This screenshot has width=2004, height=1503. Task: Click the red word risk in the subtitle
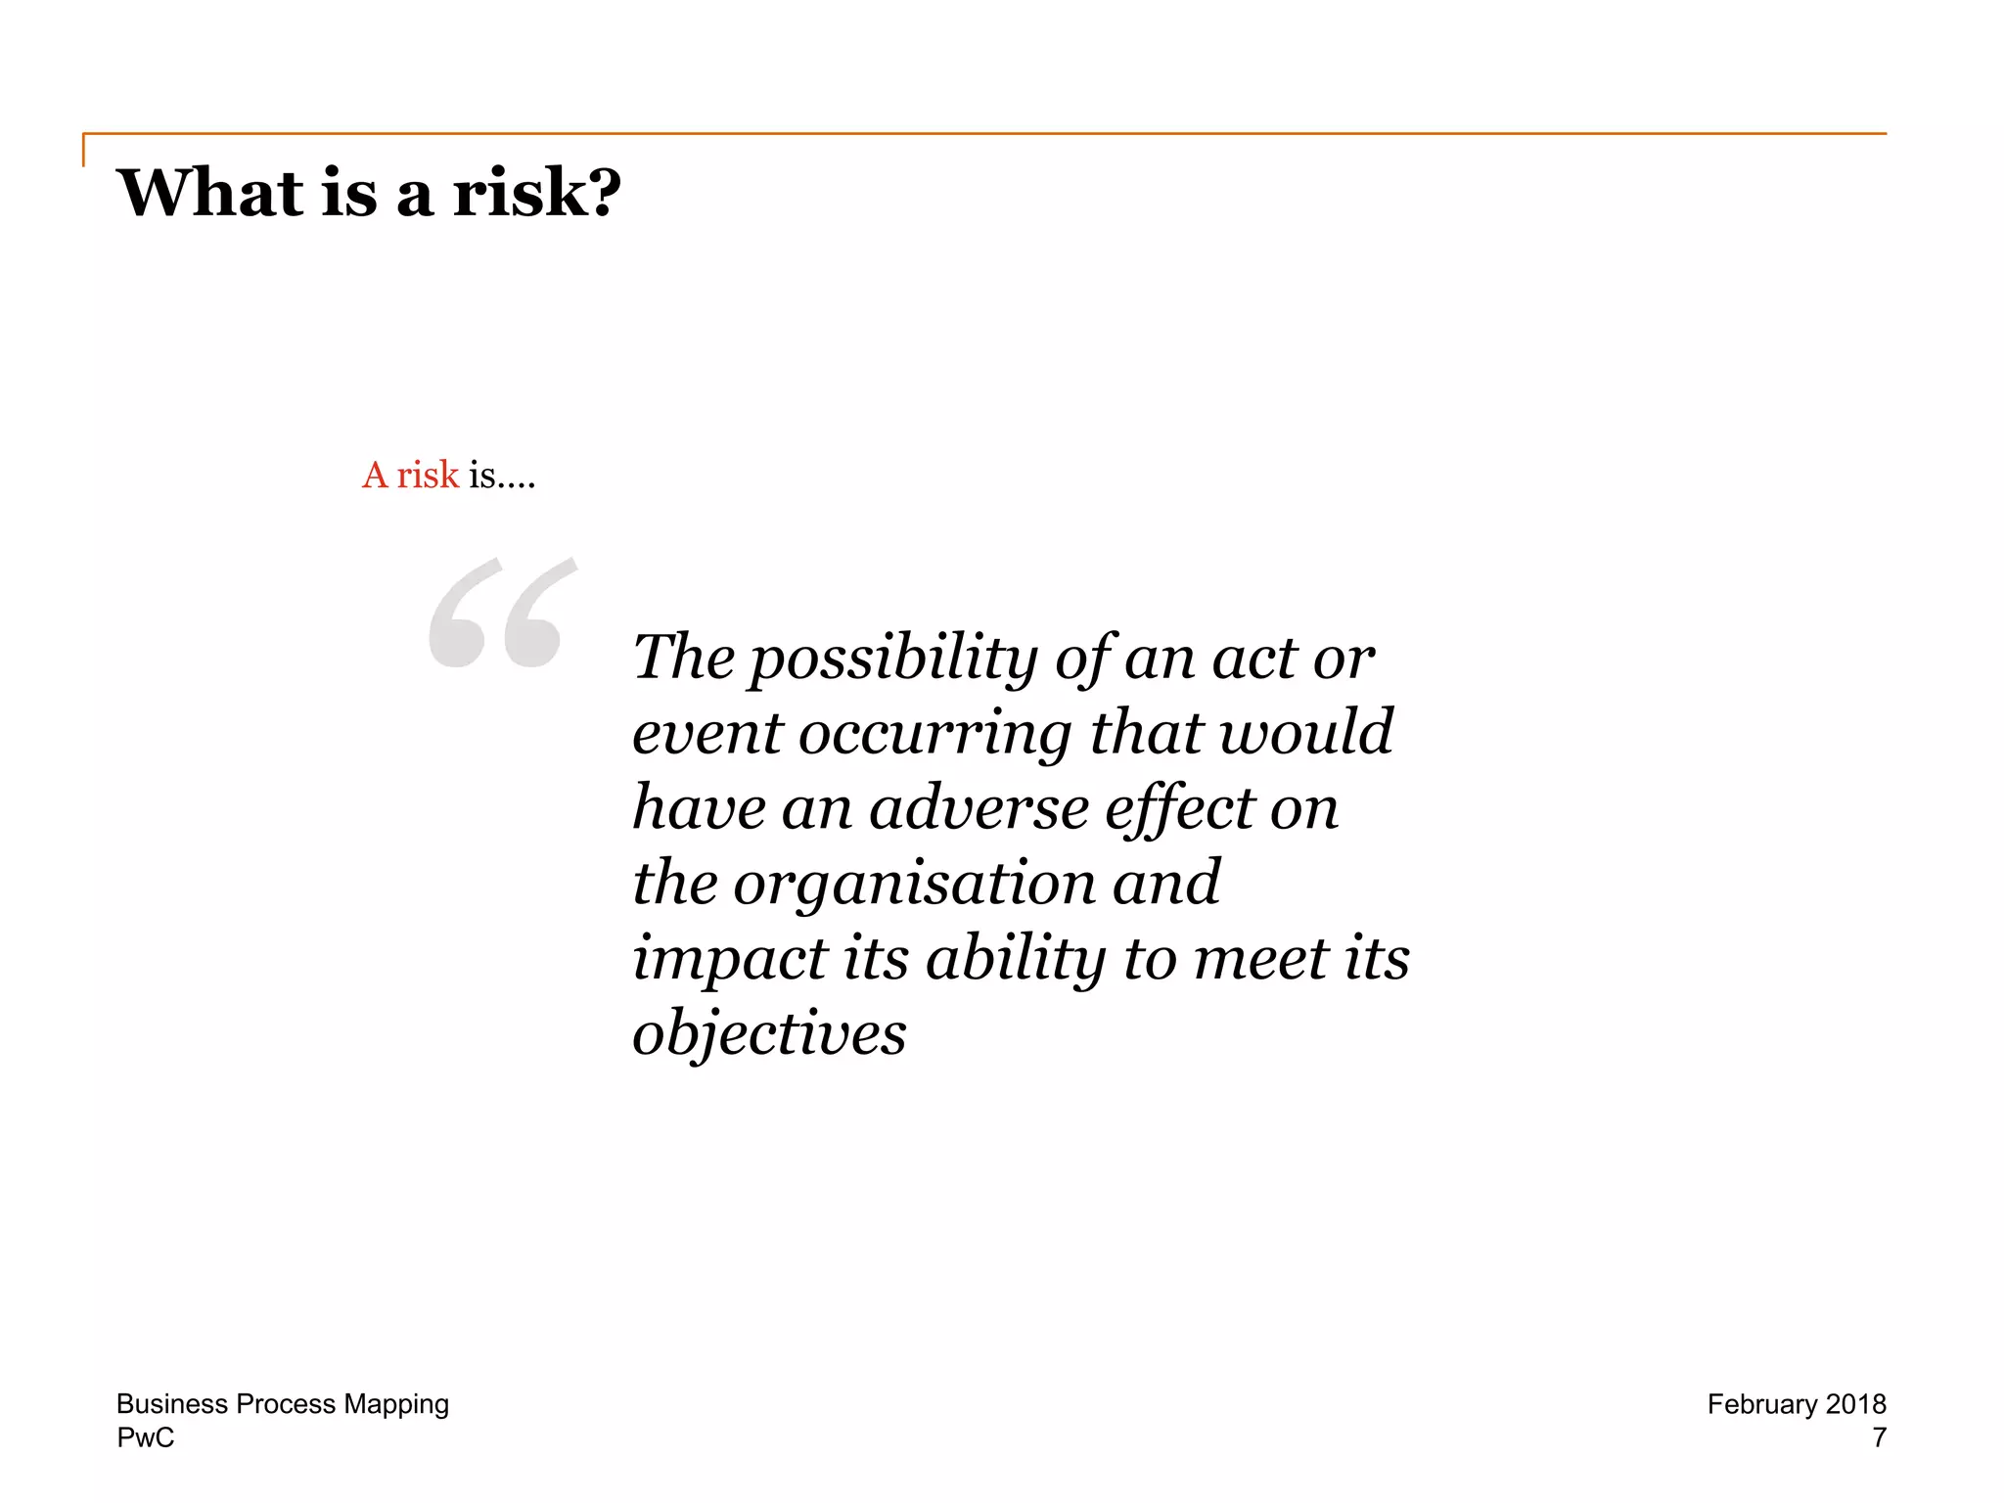tap(428, 475)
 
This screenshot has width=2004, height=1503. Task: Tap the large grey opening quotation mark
tap(503, 614)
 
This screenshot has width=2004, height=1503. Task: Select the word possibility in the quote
tap(893, 658)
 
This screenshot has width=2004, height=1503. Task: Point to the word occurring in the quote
tap(935, 733)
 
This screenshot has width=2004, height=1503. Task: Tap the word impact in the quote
tap(729, 958)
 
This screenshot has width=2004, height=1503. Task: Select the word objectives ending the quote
tap(769, 1033)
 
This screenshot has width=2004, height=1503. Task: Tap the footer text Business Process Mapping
tap(283, 1404)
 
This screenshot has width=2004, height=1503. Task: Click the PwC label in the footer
tap(146, 1437)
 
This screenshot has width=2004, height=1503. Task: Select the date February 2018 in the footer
tap(1797, 1404)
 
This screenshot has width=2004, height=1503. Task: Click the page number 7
tap(1879, 1437)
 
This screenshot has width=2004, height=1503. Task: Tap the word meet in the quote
tap(1260, 958)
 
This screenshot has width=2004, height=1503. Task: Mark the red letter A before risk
tap(375, 475)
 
